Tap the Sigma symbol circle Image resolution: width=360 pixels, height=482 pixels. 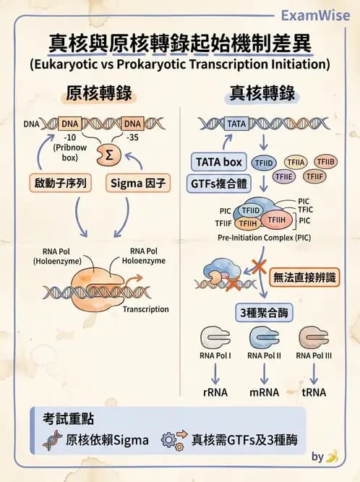pos(109,154)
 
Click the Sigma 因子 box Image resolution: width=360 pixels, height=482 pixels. pos(138,184)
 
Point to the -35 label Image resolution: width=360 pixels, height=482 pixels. pos(132,137)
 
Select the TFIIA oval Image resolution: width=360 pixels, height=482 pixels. pos(294,162)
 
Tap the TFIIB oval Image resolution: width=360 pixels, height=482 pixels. pos(325,161)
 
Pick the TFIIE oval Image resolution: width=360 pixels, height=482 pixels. pos(284,176)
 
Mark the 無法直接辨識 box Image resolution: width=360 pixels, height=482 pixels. pos(304,277)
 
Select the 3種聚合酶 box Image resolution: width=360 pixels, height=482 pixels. pos(263,313)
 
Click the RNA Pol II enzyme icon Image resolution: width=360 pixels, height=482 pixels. pos(264,338)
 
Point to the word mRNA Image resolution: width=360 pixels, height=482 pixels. pos(264,392)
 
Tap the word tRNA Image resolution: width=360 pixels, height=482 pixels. pos(314,392)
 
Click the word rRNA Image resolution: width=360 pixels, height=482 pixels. pos(215,392)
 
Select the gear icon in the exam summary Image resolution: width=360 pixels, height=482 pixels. pos(168,439)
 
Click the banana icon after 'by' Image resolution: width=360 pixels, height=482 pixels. pos(332,457)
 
